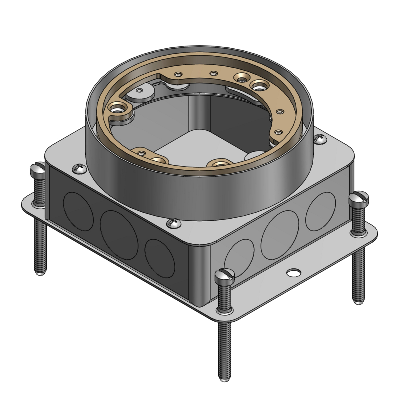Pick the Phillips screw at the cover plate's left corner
78,168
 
